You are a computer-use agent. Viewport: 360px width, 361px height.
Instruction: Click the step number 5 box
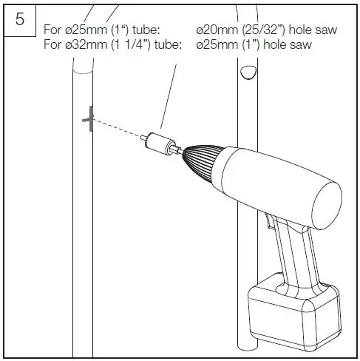(20, 20)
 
